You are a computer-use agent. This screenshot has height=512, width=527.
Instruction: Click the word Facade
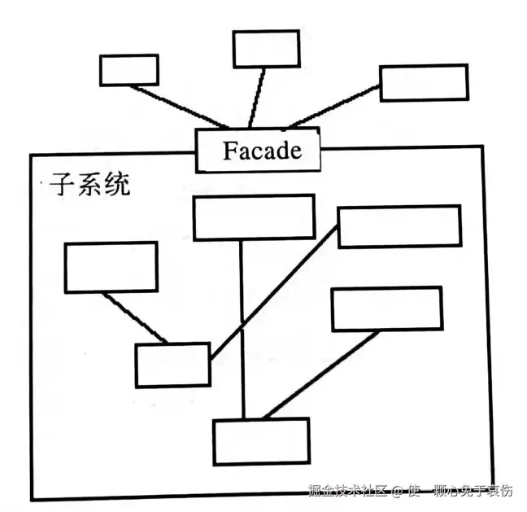tap(261, 151)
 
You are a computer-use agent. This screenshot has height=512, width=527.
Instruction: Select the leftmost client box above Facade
tap(128, 70)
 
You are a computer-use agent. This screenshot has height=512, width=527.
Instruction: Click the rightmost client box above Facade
tap(424, 82)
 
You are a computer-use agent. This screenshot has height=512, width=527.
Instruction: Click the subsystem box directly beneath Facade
tap(253, 217)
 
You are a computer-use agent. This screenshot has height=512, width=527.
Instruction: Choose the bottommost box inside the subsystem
tap(261, 440)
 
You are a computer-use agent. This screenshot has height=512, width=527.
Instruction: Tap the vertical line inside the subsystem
tap(242, 326)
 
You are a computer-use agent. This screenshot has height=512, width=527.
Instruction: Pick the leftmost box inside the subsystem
tap(111, 266)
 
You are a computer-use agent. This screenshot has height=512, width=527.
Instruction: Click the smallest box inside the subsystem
tap(172, 365)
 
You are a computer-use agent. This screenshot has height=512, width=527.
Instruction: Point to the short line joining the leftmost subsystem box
tap(135, 317)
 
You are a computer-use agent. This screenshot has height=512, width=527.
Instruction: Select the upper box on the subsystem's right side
tap(399, 226)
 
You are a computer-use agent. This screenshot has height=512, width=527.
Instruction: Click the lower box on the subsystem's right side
tap(386, 309)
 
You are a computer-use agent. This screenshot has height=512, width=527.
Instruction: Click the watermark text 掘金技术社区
tap(347, 491)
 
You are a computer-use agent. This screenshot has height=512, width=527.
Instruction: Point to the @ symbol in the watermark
tap(398, 492)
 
